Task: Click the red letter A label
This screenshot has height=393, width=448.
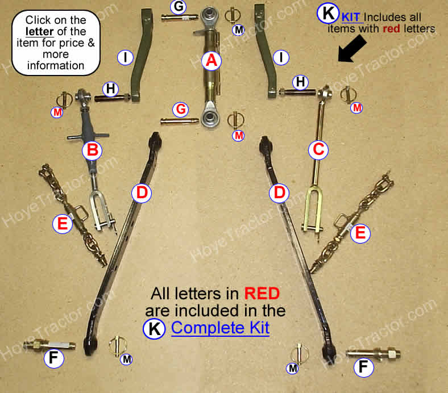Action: coord(211,61)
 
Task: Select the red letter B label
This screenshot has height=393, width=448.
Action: coord(92,150)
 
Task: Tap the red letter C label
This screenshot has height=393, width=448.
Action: coord(318,149)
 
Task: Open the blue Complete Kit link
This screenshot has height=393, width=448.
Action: coord(220,328)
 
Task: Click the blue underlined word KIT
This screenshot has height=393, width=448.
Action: coord(351,18)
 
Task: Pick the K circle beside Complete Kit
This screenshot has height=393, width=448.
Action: coord(154,328)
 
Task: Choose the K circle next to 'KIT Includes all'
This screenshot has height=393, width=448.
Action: coord(328,13)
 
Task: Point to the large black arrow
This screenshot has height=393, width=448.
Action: coord(352,49)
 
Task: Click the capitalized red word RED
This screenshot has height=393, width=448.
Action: coord(262,294)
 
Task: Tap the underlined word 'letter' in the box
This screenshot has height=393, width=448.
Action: coord(39,31)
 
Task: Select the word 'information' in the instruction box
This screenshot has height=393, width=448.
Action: coord(56,66)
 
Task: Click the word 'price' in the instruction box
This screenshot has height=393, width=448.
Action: coord(72,43)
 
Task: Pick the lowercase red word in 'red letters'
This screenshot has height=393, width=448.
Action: coord(391,29)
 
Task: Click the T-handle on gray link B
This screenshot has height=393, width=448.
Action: coord(88,136)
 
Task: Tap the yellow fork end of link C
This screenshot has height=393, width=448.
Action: coord(313,209)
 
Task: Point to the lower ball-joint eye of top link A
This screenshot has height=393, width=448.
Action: coord(210,117)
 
